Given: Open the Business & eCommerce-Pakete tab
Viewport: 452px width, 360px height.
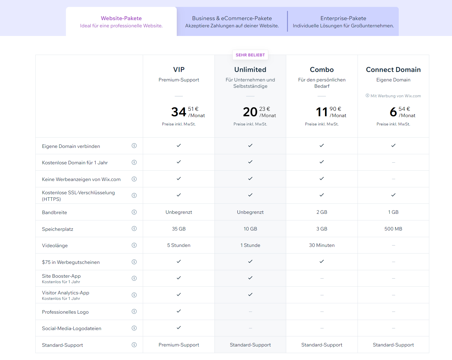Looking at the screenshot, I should (232, 22).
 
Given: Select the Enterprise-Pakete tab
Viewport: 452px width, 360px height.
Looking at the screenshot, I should (343, 22).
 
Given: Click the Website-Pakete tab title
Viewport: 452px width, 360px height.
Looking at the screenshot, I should (121, 18).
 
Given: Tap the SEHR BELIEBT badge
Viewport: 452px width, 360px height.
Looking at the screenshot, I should (250, 55).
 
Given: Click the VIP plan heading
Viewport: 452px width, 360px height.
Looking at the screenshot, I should (179, 70).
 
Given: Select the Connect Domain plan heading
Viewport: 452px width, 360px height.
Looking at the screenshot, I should (393, 70).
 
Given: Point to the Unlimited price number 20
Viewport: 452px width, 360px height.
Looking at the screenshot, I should (250, 112).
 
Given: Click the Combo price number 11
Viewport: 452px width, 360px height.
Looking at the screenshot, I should (322, 112).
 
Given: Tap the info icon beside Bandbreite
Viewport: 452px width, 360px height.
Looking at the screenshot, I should (134, 212).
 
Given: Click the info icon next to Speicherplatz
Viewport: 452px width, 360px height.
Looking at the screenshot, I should (134, 228).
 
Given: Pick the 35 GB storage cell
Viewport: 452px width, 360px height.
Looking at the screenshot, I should (179, 229).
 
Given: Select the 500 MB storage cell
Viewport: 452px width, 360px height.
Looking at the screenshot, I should (393, 229).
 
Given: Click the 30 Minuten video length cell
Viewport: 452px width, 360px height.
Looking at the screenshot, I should (322, 245).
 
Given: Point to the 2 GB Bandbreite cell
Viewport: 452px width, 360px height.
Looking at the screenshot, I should (322, 212).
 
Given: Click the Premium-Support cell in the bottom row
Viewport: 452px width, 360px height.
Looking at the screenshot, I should (179, 345).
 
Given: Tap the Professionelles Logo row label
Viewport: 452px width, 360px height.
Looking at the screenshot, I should (65, 312).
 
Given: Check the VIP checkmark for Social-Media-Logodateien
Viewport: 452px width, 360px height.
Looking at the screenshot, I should (179, 327).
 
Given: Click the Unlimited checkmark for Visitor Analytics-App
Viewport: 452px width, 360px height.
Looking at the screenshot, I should (250, 294).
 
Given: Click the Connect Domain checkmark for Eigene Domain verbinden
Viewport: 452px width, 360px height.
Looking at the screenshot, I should (393, 145).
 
